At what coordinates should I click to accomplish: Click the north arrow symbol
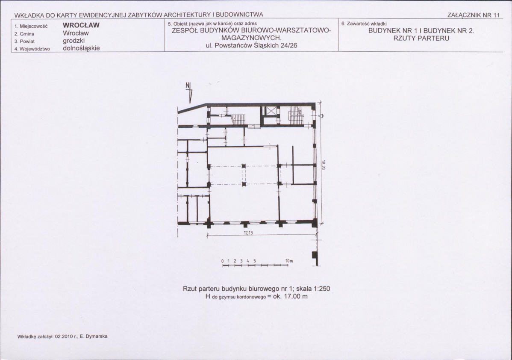tap(189, 92)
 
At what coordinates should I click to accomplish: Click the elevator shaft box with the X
tap(271, 111)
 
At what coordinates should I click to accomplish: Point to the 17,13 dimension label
tap(248, 233)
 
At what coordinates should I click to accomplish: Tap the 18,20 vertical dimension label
tap(323, 165)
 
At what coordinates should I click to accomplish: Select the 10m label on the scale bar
tap(289, 261)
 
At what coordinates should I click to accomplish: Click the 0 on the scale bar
tap(222, 261)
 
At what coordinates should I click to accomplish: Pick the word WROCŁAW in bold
tap(81, 25)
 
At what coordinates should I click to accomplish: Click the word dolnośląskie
tap(81, 48)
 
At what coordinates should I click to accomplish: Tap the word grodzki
tap(74, 41)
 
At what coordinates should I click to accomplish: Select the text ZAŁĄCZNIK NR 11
tap(474, 15)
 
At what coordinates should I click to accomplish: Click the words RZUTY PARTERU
tap(421, 38)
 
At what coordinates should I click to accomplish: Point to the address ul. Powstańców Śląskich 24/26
tap(251, 45)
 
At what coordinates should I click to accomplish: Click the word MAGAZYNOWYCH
tap(251, 38)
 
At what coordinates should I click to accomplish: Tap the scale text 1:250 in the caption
tap(322, 289)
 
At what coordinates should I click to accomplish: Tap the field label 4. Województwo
tap(32, 49)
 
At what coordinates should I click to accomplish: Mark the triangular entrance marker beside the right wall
tap(321, 115)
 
